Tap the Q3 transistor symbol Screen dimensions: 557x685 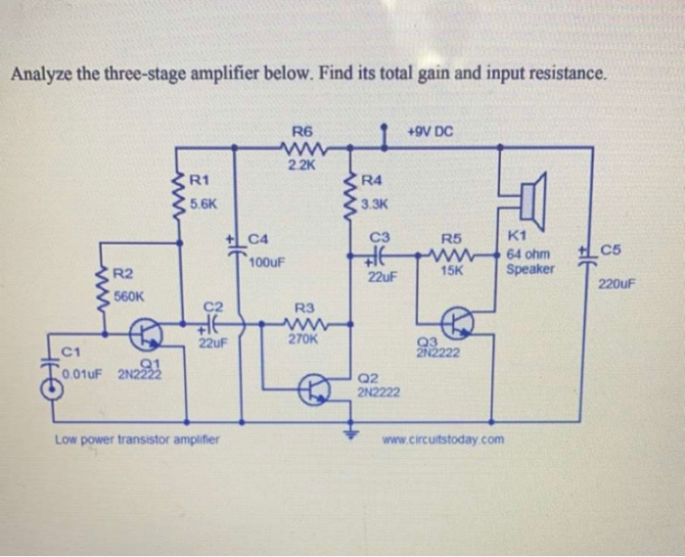[459, 323]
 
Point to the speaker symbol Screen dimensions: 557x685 [529, 201]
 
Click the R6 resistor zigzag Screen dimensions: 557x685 [302, 148]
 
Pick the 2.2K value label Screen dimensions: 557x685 [302, 164]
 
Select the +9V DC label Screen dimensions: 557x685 [431, 129]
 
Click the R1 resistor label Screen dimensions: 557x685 [200, 180]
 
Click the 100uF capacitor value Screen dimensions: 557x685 [266, 263]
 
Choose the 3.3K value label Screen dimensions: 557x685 [375, 205]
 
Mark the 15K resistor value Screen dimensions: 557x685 [451, 270]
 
